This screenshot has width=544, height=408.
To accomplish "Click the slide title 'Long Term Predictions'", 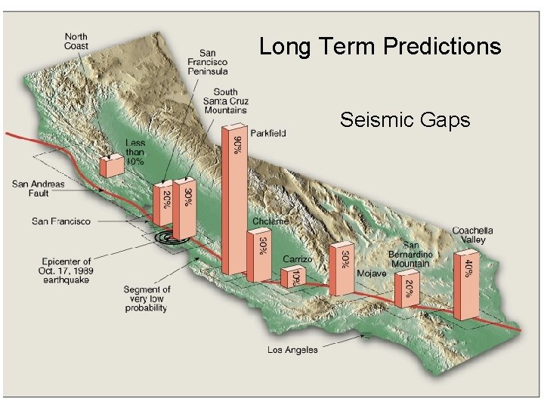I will click(380, 47).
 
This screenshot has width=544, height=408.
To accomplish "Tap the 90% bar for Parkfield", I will click(233, 200).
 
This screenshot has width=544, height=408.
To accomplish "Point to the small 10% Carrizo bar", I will click(291, 277).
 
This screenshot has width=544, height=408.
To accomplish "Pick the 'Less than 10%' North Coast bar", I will click(112, 165).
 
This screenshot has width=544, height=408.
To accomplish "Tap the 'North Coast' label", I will click(76, 41).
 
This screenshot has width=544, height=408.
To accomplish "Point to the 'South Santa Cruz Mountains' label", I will click(225, 101).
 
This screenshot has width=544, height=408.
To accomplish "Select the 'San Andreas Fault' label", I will click(39, 188).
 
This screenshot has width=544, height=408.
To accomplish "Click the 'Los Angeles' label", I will click(292, 350).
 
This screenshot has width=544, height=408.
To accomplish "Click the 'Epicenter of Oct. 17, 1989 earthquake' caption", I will click(66, 270).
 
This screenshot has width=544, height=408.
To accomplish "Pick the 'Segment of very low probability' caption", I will click(147, 298).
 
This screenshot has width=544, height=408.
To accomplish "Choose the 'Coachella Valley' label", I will click(472, 235).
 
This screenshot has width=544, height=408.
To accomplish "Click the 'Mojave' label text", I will click(371, 273).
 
